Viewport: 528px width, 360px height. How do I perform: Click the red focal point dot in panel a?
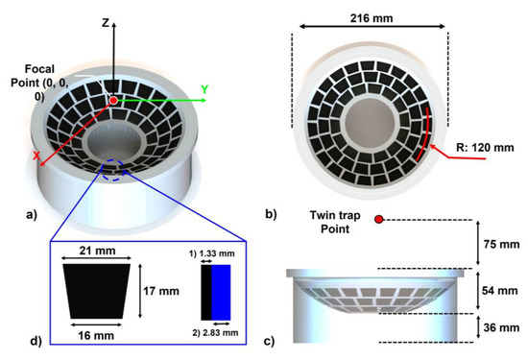click(114, 100)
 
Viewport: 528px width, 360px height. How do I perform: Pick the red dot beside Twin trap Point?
click(380, 220)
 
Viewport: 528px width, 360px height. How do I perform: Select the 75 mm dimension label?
click(502, 244)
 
